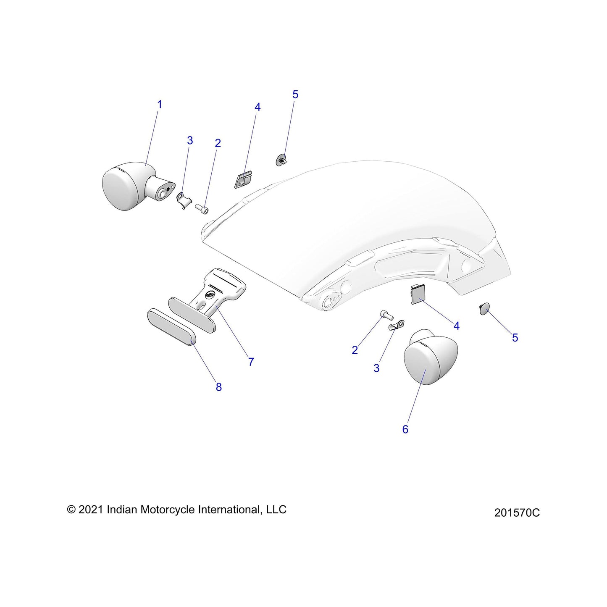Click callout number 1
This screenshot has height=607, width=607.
click(x=160, y=105)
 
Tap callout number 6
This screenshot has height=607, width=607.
click(x=405, y=429)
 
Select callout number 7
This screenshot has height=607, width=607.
click(x=251, y=362)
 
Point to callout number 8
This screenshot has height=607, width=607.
click(x=218, y=387)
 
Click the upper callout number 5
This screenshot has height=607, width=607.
click(x=295, y=95)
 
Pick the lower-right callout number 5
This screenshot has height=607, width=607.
click(x=515, y=338)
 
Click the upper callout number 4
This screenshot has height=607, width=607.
click(x=258, y=107)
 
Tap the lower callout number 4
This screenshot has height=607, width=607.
click(x=457, y=326)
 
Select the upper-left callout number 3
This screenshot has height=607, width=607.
click(x=189, y=140)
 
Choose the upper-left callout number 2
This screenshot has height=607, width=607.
click(x=218, y=143)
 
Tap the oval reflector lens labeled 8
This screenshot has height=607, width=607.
click(x=172, y=327)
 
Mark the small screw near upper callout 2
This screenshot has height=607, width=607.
click(x=202, y=208)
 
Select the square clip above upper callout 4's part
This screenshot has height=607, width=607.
click(x=243, y=179)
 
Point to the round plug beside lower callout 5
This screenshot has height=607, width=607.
click(x=484, y=308)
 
